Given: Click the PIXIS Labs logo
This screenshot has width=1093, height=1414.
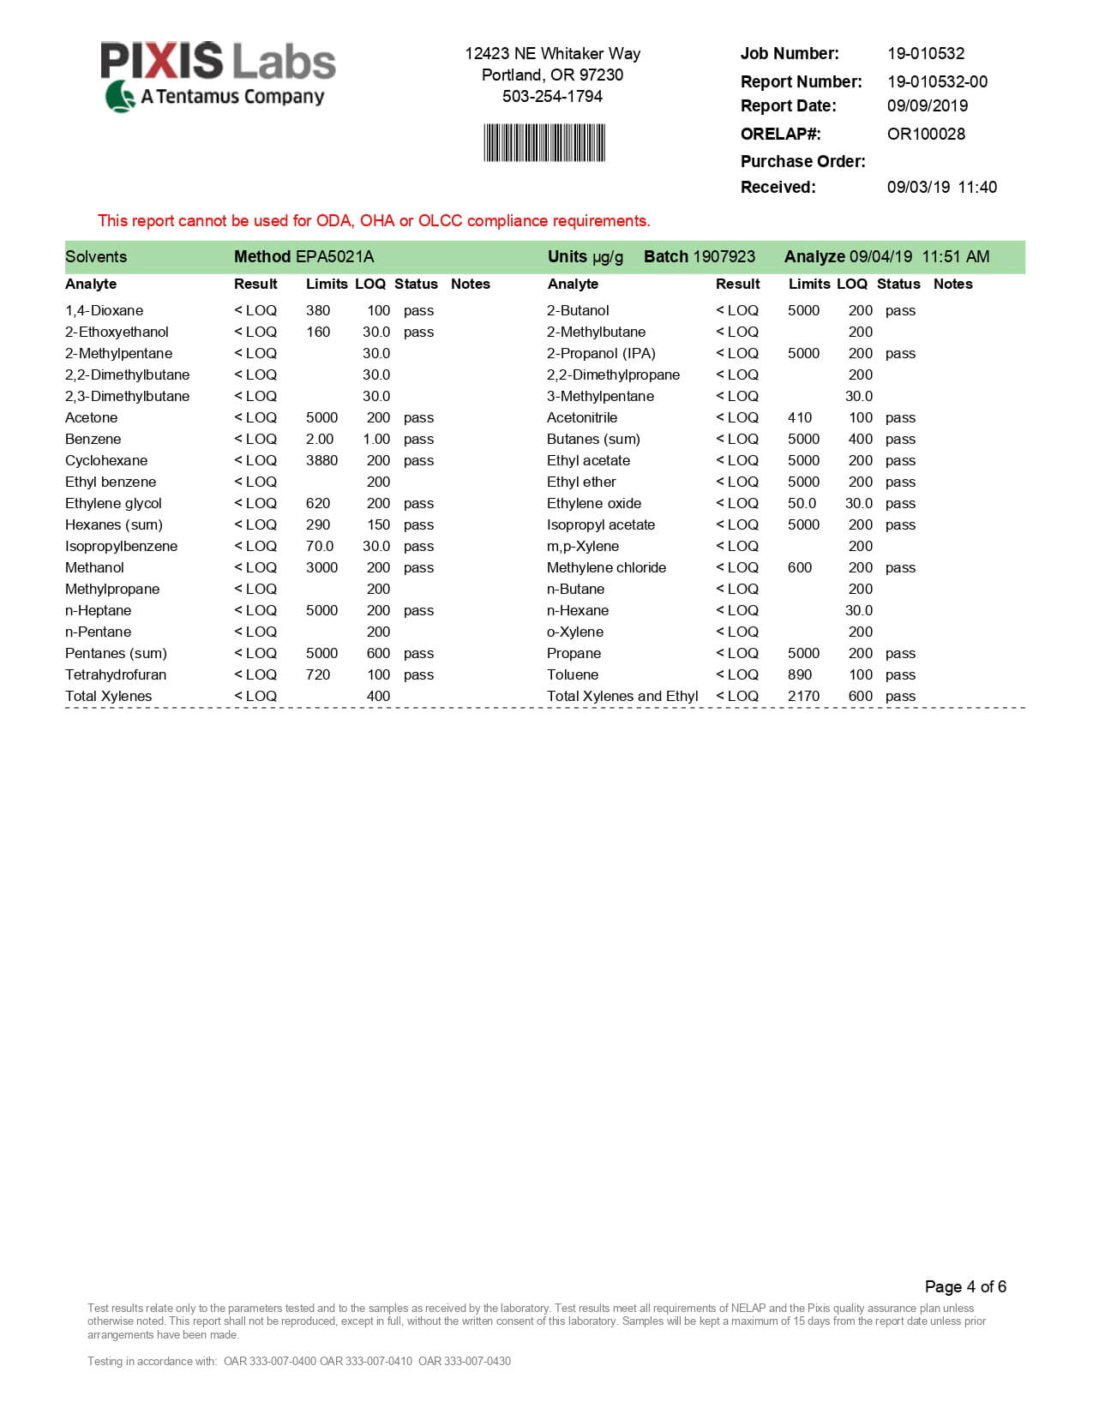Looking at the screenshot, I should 218,76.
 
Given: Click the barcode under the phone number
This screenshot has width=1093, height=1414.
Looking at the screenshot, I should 544,143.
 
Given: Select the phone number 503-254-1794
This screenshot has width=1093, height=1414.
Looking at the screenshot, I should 552,96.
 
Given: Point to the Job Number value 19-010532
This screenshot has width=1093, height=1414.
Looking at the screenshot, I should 926,53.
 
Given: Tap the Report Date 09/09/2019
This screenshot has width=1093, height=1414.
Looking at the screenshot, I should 928,105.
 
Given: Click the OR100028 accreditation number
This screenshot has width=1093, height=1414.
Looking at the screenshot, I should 926,134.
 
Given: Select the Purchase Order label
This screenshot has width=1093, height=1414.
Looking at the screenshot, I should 802,161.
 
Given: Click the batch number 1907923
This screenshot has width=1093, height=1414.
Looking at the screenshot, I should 724,256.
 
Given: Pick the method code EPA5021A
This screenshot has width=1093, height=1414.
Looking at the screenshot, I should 334,256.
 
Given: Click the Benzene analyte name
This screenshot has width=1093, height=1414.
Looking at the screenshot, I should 93,439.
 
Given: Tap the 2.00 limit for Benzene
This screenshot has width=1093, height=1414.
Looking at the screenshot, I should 320,439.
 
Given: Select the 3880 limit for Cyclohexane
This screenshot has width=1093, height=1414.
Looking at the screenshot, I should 321,460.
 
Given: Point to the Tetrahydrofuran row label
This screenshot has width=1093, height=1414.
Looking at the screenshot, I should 116,674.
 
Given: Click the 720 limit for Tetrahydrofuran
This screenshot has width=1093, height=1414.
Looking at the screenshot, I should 318,674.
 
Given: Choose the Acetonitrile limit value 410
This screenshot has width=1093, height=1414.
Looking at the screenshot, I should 800,417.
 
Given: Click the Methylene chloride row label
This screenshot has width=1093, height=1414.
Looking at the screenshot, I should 606,567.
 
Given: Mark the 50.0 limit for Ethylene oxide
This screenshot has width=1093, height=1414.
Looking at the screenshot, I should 802,503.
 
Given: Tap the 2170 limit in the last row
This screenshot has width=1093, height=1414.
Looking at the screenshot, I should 803,696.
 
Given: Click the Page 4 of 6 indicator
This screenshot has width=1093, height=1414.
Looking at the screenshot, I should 965,1286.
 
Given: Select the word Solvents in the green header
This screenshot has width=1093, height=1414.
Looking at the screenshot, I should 96,256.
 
